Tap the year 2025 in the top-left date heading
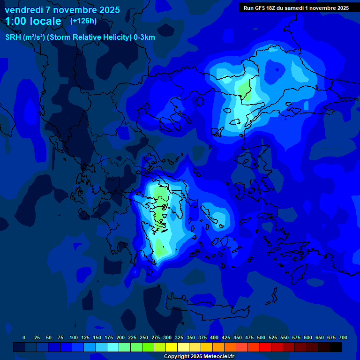click(x=109, y=10)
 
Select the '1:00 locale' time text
click(x=33, y=21)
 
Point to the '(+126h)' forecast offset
click(x=83, y=21)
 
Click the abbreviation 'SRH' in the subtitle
click(x=13, y=37)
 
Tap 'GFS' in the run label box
click(x=260, y=8)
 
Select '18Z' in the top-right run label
click(x=272, y=8)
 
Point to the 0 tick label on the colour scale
click(x=24, y=337)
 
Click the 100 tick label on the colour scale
click(x=74, y=337)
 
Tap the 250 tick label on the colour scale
click(x=144, y=337)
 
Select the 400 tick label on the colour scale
click(x=214, y=337)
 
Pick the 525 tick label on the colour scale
click(x=273, y=337)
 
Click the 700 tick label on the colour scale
click(x=343, y=337)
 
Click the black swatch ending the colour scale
click(x=336, y=347)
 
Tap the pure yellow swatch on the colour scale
click(x=172, y=347)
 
